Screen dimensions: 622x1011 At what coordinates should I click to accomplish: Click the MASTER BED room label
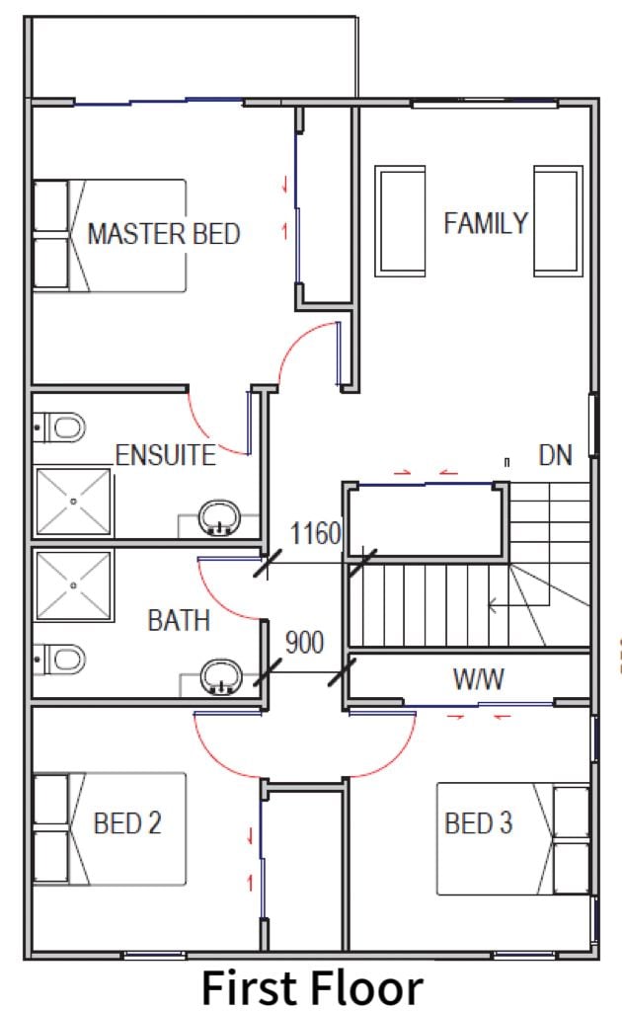(164, 233)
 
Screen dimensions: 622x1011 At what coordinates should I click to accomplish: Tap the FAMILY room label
(486, 223)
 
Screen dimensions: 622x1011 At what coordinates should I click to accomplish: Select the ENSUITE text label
(166, 455)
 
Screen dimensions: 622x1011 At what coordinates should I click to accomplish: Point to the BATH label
(179, 620)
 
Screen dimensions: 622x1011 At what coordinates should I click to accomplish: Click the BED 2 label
(127, 823)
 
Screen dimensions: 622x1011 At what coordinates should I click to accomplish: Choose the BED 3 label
(478, 823)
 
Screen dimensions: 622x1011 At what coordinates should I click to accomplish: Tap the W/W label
(478, 679)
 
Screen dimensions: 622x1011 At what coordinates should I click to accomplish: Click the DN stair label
(555, 455)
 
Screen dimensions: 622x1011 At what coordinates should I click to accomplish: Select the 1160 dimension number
(315, 533)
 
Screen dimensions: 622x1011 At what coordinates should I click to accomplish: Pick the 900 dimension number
(304, 642)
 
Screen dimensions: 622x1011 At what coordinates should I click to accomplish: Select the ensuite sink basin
(220, 517)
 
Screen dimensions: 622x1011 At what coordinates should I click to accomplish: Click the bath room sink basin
(221, 677)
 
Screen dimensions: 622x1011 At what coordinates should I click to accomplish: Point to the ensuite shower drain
(73, 501)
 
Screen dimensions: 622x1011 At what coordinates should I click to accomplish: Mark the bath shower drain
(73, 585)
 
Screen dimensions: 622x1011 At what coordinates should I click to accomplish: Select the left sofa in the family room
(400, 221)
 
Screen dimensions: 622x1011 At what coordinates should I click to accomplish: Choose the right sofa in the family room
(558, 221)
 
